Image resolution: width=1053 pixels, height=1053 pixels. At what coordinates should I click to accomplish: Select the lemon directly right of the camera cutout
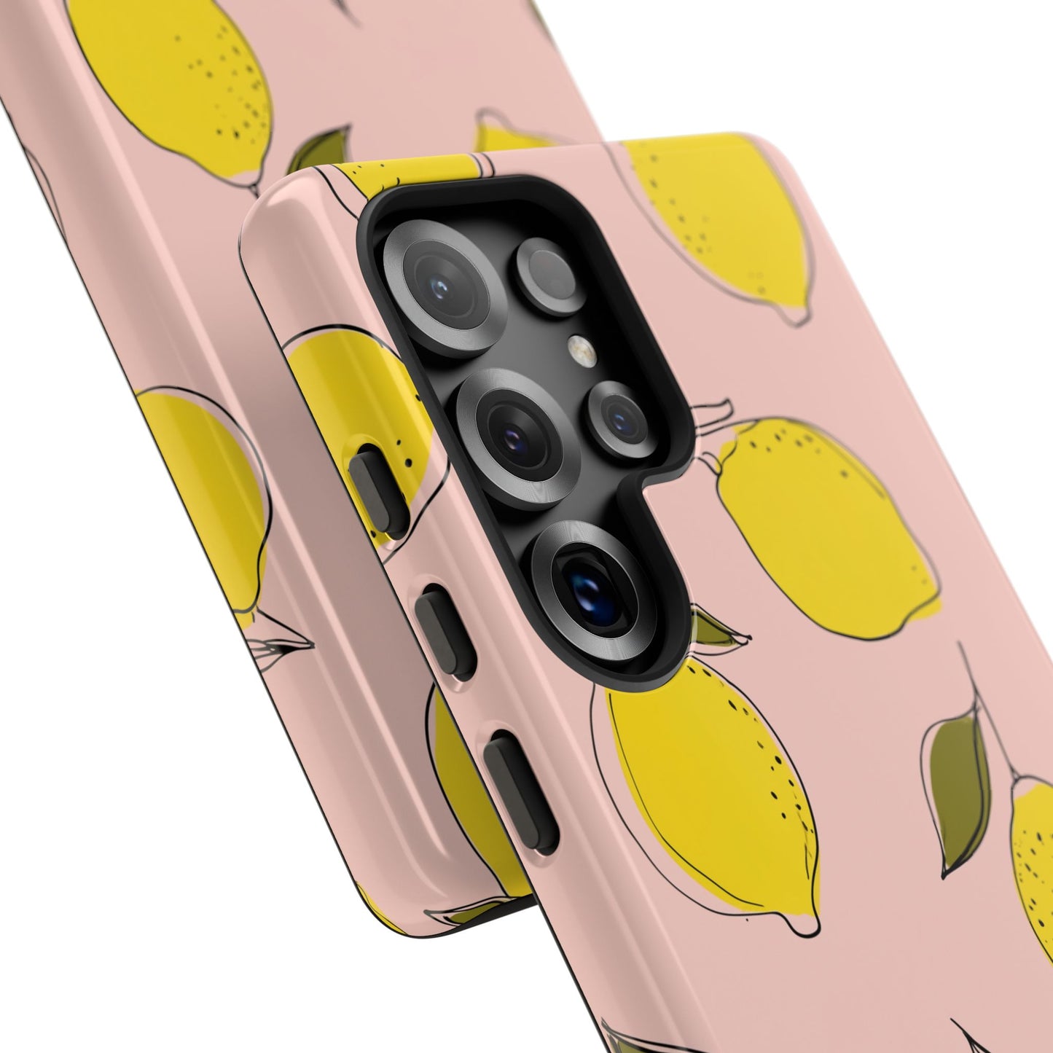tap(823, 528)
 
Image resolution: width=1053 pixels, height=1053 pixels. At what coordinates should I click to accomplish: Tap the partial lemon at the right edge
tap(1035, 860)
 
